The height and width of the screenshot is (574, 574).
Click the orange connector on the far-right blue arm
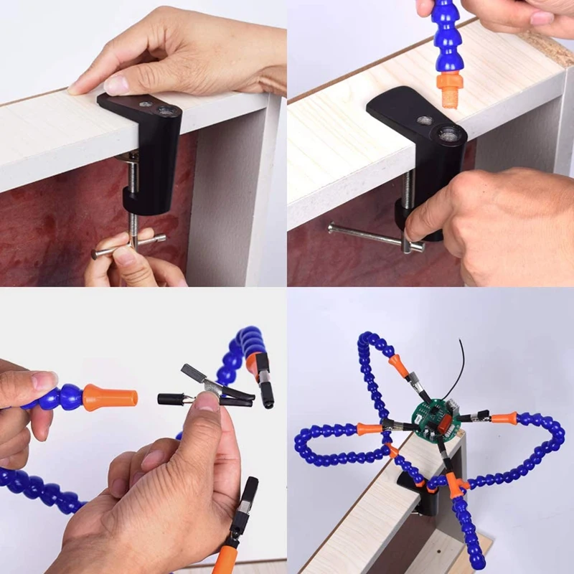pos(504,417)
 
